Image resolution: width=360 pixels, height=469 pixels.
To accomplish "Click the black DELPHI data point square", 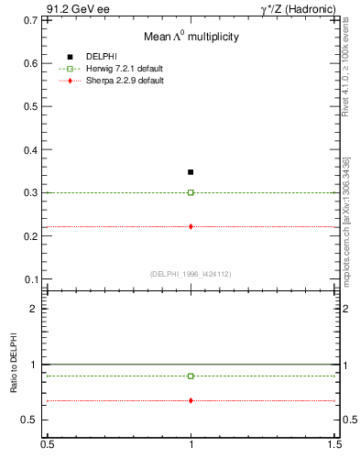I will click(x=191, y=172).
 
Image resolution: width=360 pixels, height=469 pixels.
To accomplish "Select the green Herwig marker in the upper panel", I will click(x=191, y=192).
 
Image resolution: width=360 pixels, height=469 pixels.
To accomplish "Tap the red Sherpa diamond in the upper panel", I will click(x=191, y=226).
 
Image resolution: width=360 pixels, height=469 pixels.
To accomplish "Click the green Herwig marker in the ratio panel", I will click(x=191, y=376).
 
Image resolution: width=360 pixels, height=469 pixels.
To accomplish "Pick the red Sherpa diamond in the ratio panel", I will click(x=191, y=400).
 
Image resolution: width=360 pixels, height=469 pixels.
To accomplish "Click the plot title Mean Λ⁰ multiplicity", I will click(x=191, y=38).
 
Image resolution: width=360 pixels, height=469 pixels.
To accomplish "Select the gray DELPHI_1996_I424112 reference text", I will click(x=191, y=273).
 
